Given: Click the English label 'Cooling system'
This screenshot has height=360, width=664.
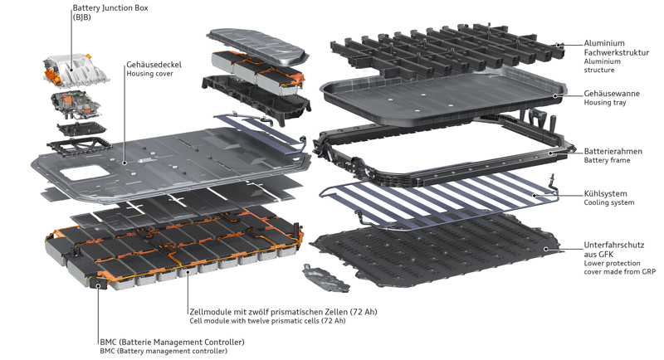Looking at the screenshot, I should pos(609,204).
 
